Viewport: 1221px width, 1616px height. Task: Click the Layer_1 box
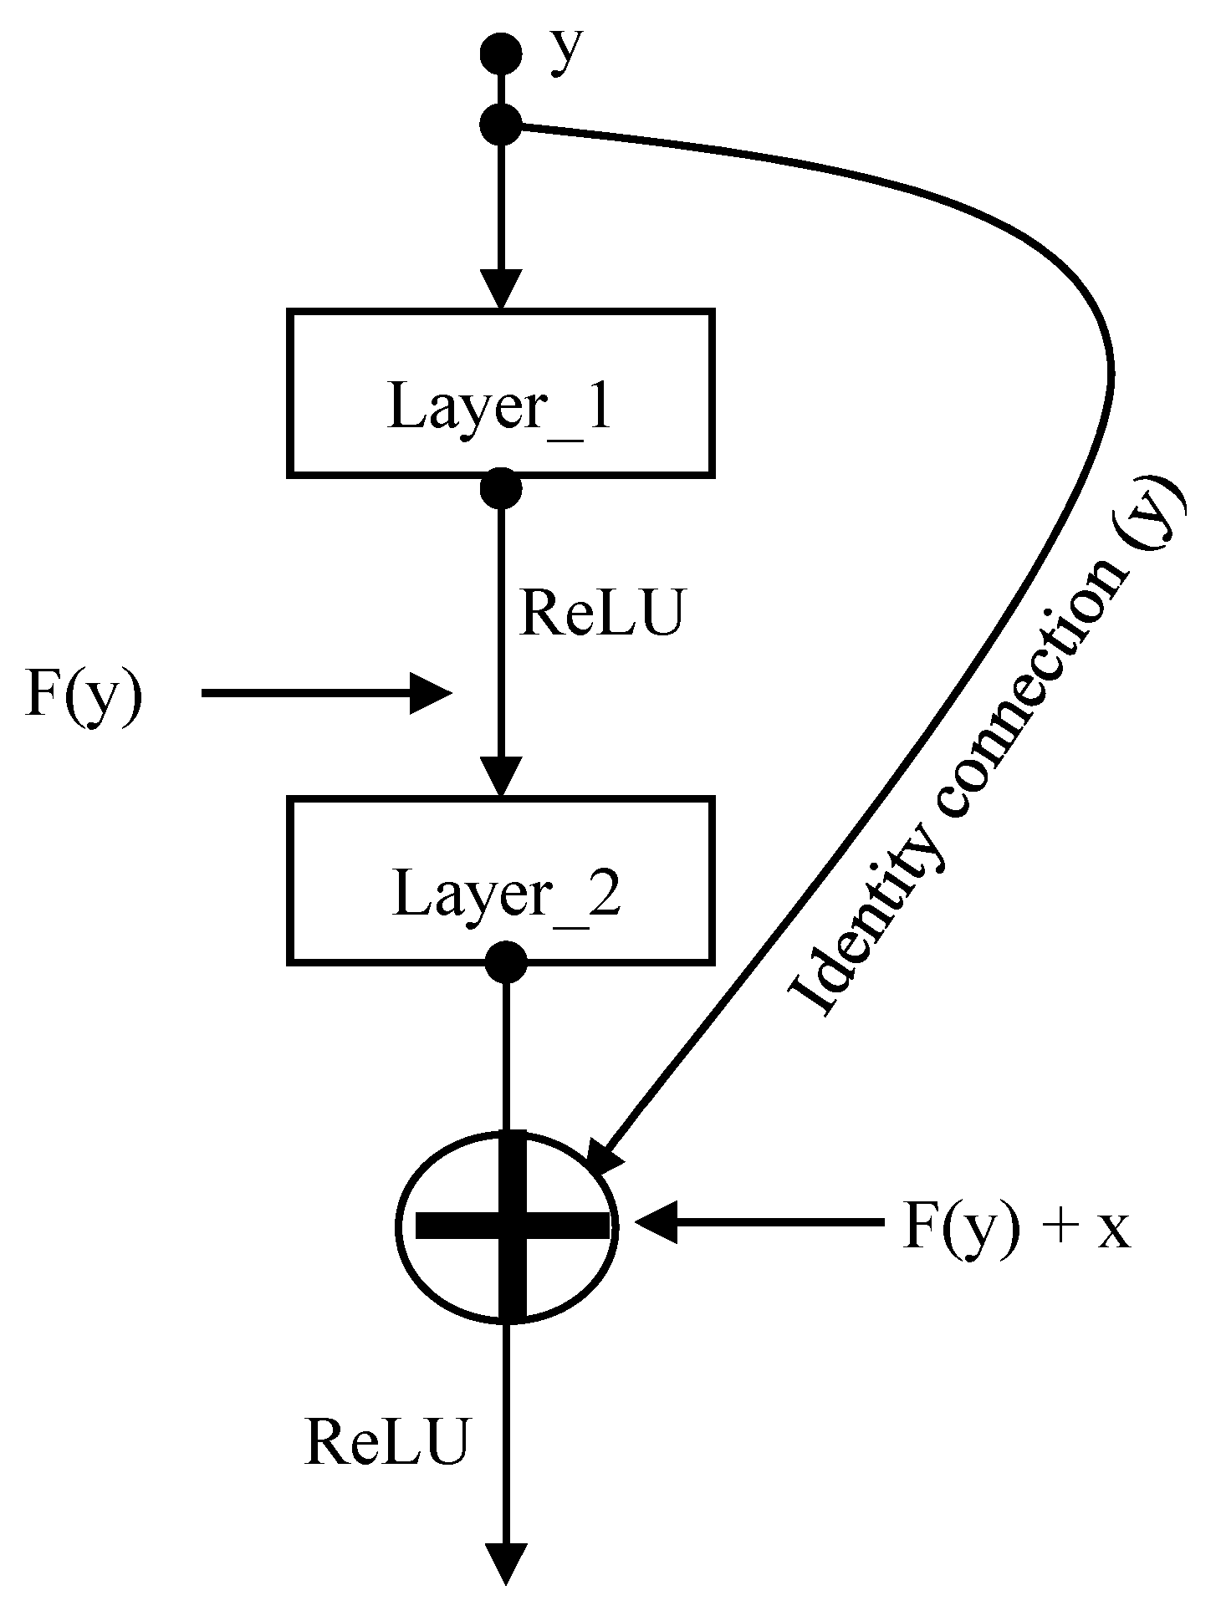pos(500,393)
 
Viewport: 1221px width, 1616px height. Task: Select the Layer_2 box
pos(500,880)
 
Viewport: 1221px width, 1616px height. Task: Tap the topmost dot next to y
pos(501,54)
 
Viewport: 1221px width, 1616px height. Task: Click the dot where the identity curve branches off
pos(501,125)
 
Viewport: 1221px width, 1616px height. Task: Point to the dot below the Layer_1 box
pos(501,488)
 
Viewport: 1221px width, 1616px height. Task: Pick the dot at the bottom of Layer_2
pos(506,961)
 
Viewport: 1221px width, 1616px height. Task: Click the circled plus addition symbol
pos(508,1226)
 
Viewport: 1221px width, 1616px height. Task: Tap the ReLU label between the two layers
pos(601,614)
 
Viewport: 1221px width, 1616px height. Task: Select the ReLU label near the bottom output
pos(386,1443)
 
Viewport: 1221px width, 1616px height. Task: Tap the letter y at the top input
pos(566,52)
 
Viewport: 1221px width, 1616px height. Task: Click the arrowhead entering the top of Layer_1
pos(501,290)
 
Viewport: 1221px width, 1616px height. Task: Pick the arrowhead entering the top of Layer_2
pos(501,777)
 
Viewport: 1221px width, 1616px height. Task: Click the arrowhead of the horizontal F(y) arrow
pos(430,693)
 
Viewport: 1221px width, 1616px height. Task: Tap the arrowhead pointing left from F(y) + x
pos(656,1222)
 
